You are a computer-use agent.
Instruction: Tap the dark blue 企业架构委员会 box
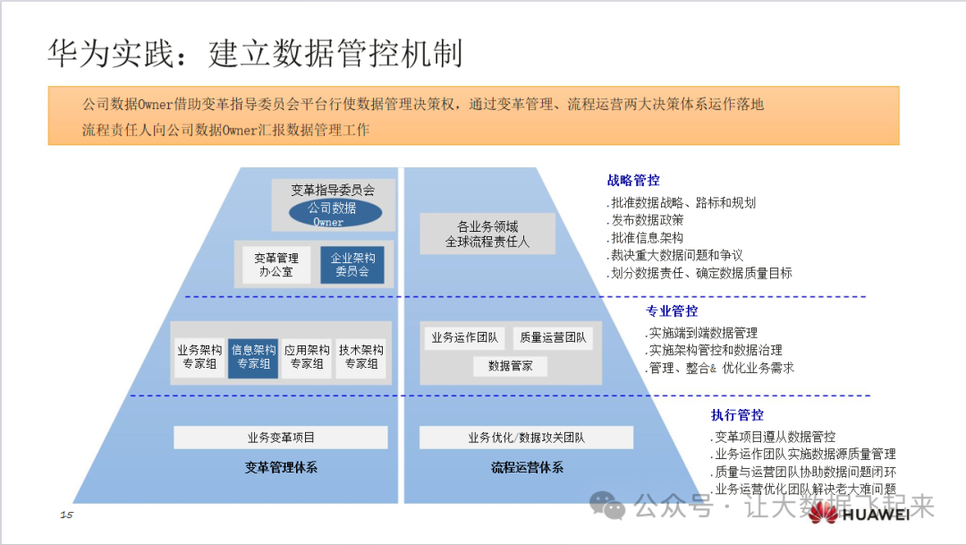[x=352, y=264]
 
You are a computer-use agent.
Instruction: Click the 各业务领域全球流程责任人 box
[x=487, y=234]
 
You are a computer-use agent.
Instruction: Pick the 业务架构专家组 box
[x=199, y=357]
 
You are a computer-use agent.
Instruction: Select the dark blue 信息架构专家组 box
[x=253, y=357]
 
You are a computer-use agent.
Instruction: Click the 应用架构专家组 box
[x=307, y=357]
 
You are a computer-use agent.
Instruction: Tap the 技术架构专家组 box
[x=360, y=357]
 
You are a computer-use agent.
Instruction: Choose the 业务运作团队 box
[x=464, y=337]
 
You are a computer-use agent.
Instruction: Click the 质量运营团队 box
[x=553, y=337]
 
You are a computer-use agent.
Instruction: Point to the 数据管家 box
[x=510, y=365]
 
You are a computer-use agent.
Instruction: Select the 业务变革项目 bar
[x=281, y=438]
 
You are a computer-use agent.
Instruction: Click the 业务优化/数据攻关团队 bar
[x=526, y=438]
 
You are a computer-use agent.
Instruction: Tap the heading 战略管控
[x=633, y=181]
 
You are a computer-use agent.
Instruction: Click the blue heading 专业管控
[x=672, y=311]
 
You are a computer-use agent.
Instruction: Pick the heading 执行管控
[x=737, y=415]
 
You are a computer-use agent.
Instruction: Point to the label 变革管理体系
[x=281, y=467]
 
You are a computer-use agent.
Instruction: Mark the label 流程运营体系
[x=527, y=467]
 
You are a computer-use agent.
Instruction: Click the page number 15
[x=66, y=515]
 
